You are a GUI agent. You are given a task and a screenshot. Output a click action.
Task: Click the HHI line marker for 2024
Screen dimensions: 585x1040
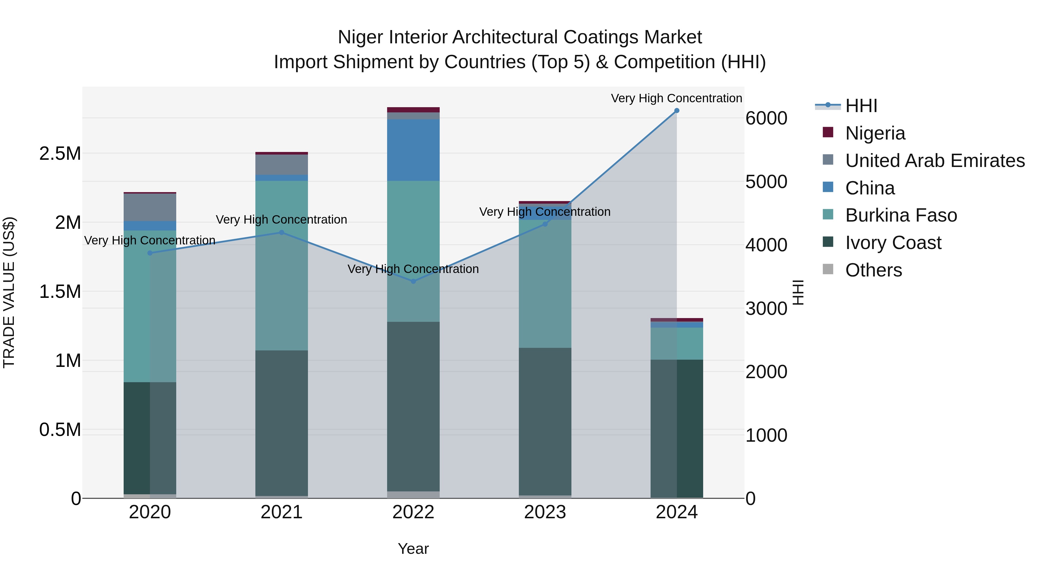pos(677,111)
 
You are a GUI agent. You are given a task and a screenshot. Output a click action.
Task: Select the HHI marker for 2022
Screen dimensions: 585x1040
pos(413,281)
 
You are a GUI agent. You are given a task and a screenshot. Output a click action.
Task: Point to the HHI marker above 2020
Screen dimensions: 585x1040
pos(150,253)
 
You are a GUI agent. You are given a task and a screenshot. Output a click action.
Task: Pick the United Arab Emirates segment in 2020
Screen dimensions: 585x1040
pos(150,207)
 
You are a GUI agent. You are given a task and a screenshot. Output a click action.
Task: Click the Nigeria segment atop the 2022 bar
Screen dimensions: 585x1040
pos(413,110)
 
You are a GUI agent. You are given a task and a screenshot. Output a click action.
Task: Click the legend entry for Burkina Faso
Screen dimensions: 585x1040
pos(901,215)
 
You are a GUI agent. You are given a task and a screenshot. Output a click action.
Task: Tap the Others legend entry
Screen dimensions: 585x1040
pos(873,270)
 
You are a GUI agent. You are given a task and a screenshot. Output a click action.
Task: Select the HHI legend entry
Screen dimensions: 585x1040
pos(861,106)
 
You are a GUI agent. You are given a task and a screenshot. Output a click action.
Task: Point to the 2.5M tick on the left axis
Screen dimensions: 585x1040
pos(60,154)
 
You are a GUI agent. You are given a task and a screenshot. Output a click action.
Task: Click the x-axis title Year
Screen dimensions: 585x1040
pos(413,549)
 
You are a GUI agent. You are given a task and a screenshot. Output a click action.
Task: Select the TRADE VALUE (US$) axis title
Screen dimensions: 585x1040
pos(9,292)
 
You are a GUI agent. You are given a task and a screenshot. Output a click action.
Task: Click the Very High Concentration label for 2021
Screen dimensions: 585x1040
pos(281,220)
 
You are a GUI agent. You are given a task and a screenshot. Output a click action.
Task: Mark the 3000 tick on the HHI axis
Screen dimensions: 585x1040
pos(766,309)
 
